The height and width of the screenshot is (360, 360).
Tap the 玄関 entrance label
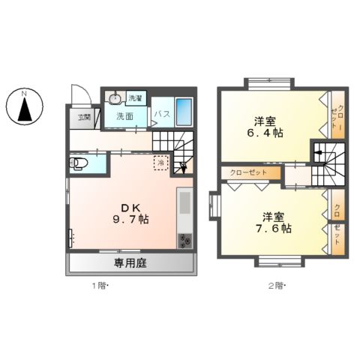(x=83, y=117)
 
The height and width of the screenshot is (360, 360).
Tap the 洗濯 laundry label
(x=135, y=99)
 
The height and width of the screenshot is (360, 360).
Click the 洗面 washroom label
(x=124, y=116)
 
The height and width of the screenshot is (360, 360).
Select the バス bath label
(x=162, y=114)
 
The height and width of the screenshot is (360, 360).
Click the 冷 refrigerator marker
(x=160, y=160)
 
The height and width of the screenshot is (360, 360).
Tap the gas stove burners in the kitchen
(x=184, y=241)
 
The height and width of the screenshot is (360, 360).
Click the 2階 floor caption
(x=277, y=286)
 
